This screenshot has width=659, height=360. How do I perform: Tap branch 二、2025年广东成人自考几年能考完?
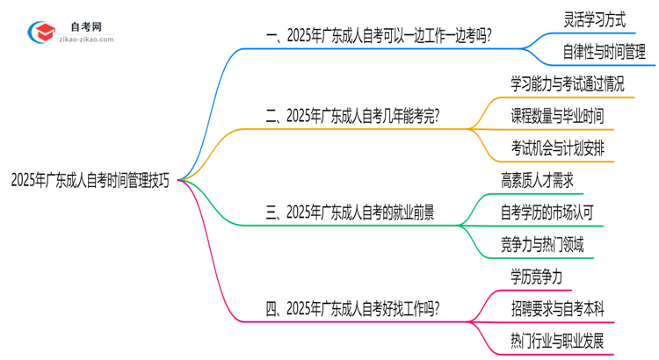tap(352, 116)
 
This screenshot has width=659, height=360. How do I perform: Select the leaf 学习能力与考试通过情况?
tap(568, 83)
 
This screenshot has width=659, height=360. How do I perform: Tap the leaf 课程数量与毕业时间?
tap(557, 116)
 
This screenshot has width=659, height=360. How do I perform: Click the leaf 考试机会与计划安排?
tap(557, 148)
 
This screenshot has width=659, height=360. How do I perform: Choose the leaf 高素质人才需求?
tap(537, 181)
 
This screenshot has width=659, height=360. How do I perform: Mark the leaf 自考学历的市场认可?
tap(551, 212)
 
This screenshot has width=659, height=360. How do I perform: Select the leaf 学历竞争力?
tap(536, 277)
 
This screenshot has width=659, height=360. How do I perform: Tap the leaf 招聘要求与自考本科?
tap(555, 309)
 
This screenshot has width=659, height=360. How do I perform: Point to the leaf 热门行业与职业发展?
tap(556, 341)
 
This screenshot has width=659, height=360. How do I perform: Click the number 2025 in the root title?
tap(24, 180)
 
